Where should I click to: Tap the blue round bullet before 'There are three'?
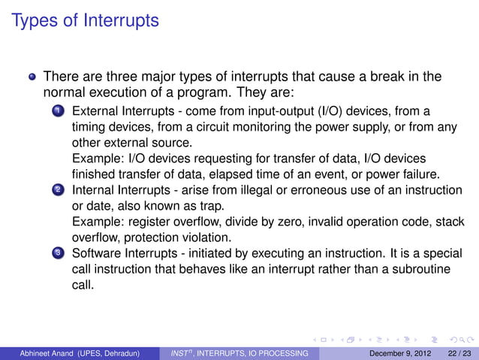click(32, 77)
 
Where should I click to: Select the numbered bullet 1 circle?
click(58, 111)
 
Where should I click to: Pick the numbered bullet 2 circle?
click(58, 191)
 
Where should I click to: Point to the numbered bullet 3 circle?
click(58, 254)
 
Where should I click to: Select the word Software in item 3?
click(97, 253)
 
